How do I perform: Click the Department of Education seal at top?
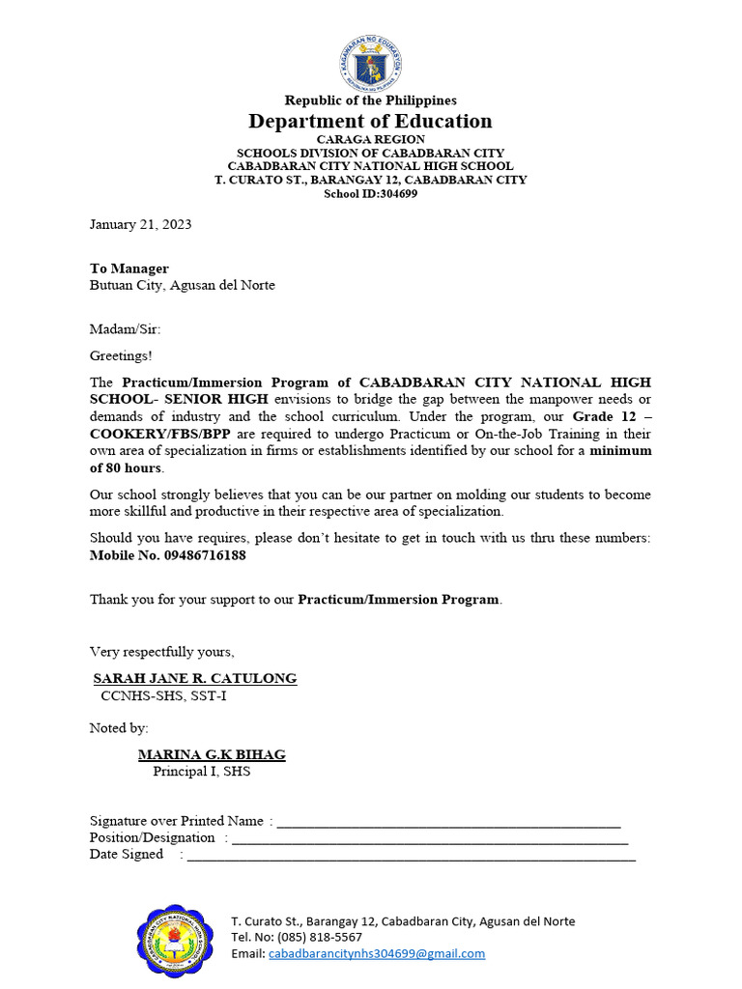click(370, 63)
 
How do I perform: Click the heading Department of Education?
click(370, 121)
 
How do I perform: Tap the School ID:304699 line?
click(370, 193)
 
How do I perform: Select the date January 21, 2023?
click(140, 224)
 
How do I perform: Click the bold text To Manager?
click(129, 268)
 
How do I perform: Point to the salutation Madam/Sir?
click(125, 329)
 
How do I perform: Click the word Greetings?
click(121, 355)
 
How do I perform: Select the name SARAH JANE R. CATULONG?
click(194, 679)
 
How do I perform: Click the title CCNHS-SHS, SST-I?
click(164, 695)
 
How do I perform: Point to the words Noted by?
click(119, 727)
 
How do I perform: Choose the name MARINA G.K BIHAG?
click(212, 755)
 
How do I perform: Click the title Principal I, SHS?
click(201, 772)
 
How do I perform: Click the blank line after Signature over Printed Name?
click(448, 823)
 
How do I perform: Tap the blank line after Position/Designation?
click(430, 839)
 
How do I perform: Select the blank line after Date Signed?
click(411, 856)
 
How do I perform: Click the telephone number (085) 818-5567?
click(319, 937)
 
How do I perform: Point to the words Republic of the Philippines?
click(370, 100)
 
